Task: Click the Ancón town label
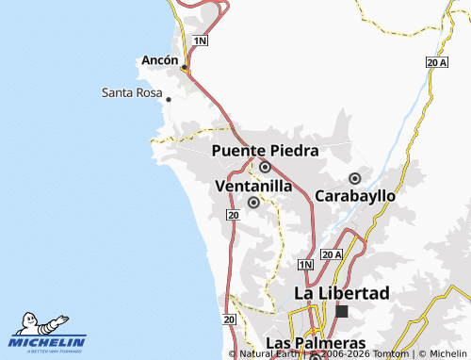tap(159, 59)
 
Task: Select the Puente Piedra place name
tap(265, 150)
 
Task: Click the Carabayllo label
tap(355, 195)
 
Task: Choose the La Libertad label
tap(341, 293)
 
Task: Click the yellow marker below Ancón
tap(186, 68)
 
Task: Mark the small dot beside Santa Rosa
tap(168, 99)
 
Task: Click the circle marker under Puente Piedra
tap(265, 167)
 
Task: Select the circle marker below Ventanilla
tap(253, 202)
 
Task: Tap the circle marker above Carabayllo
tap(355, 178)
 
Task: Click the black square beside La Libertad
tap(342, 311)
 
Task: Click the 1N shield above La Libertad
tap(304, 265)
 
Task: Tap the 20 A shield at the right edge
tap(436, 61)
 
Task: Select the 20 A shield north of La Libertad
tap(332, 254)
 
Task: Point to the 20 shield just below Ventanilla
tap(232, 216)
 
